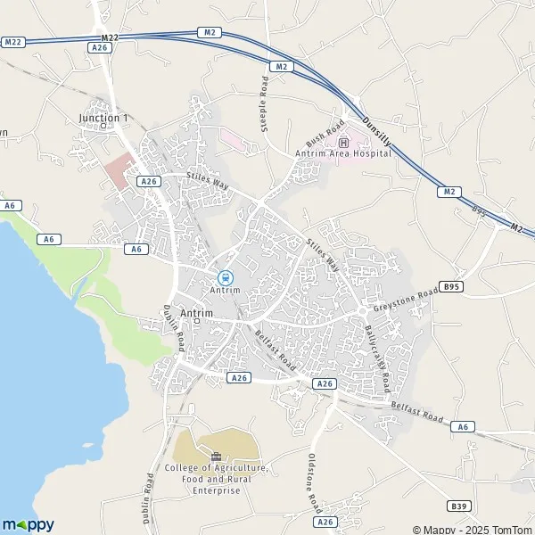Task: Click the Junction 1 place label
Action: pyautogui.click(x=103, y=118)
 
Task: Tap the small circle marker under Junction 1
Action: pyautogui.click(x=103, y=127)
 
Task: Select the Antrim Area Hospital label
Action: pyautogui.click(x=344, y=153)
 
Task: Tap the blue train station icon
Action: pyautogui.click(x=225, y=276)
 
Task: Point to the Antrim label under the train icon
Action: pyautogui.click(x=225, y=290)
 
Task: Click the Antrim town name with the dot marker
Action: pyautogui.click(x=196, y=313)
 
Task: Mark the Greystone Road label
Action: pyautogui.click(x=406, y=300)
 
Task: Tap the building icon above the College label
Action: pyautogui.click(x=216, y=457)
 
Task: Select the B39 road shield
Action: pyautogui.click(x=459, y=506)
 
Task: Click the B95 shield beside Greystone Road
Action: pyautogui.click(x=452, y=287)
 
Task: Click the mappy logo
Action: pyautogui.click(x=29, y=524)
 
